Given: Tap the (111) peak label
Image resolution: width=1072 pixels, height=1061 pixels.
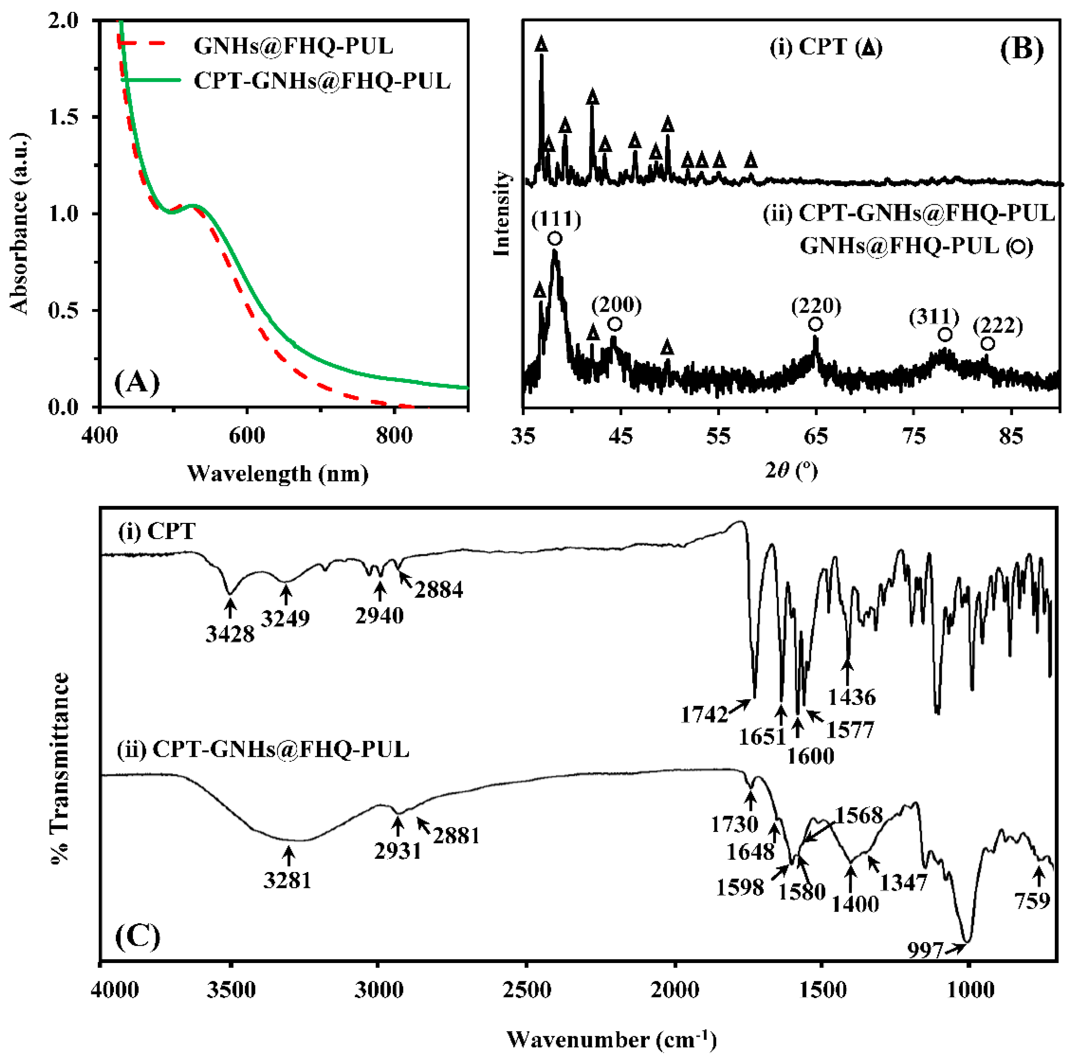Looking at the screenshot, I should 556,220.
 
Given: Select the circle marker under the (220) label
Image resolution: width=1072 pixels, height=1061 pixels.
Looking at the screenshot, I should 815,324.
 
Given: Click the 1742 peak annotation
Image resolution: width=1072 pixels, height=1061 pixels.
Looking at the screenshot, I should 704,715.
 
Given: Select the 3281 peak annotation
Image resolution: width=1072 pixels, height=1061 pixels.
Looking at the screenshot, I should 287,880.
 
